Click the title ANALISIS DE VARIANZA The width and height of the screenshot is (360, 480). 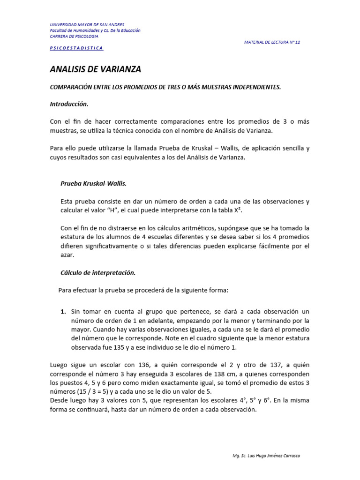coord(95,70)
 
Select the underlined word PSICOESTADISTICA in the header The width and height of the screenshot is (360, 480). coord(76,48)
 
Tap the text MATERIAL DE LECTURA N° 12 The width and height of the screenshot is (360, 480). coord(272,42)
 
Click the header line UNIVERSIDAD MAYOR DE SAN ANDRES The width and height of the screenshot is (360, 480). coord(87,25)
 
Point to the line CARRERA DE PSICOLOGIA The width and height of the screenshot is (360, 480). coord(74,36)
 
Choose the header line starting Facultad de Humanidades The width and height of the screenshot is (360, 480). coord(95,30)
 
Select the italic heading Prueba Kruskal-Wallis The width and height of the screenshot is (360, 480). coord(94,183)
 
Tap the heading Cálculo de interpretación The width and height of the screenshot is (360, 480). coord(98,272)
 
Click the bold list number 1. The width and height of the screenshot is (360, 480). coord(63,312)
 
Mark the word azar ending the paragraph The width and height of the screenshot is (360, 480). coord(68,255)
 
